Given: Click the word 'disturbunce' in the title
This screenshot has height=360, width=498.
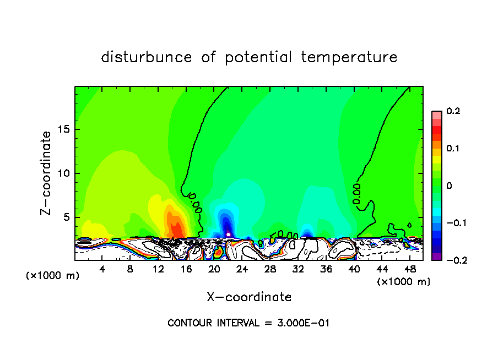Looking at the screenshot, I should [x=147, y=57].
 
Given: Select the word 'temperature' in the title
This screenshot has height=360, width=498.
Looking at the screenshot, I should [x=349, y=57].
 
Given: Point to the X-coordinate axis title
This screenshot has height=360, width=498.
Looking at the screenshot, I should [x=249, y=297].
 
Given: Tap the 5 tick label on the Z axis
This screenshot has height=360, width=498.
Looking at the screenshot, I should [x=65, y=217].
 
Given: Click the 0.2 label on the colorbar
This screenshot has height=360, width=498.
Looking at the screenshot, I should [x=453, y=111].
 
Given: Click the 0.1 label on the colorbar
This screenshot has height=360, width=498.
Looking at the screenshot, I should [x=453, y=149].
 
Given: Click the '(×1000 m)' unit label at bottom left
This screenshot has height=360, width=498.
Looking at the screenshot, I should [x=53, y=276].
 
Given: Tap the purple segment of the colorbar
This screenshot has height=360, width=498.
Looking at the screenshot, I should [x=437, y=257].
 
